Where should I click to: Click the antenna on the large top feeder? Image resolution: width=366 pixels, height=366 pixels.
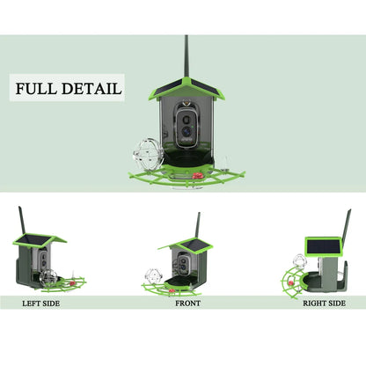pos(186,58)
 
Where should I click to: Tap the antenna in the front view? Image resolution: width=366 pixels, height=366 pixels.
pos(198,224)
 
